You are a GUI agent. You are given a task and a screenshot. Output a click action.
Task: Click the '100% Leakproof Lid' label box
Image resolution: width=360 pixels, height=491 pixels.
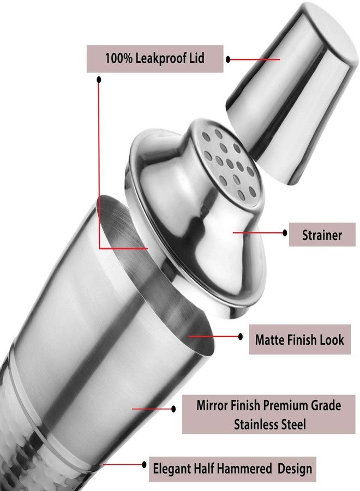(x=155, y=59)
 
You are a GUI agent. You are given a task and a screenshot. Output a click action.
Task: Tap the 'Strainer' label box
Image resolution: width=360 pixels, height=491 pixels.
(x=322, y=235)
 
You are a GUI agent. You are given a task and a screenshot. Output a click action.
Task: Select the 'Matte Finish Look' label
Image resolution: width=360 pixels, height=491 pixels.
(x=299, y=339)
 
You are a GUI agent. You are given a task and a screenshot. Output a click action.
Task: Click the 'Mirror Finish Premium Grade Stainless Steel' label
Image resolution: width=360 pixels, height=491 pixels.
(x=268, y=414)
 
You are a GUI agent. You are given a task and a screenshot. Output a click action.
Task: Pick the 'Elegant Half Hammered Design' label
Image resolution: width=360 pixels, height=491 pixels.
(x=232, y=469)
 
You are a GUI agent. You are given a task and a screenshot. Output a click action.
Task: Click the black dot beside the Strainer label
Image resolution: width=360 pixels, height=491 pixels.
(x=285, y=232)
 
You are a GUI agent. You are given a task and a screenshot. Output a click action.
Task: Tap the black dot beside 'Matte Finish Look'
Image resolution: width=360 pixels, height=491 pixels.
(x=241, y=337)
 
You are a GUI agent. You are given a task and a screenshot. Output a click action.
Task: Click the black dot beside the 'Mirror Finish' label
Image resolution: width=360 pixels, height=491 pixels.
(x=174, y=409)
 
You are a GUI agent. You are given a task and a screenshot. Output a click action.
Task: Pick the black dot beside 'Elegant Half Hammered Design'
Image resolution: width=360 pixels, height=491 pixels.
(x=145, y=464)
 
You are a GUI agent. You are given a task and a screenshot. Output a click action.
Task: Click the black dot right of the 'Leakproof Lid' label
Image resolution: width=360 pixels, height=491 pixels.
(x=228, y=59)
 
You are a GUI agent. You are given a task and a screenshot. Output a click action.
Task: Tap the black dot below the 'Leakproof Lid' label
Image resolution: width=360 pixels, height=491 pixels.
(x=99, y=80)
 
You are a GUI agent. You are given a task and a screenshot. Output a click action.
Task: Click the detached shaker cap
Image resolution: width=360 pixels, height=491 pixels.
(x=291, y=94)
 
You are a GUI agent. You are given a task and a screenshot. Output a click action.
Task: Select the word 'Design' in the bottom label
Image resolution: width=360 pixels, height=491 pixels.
(x=295, y=469)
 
